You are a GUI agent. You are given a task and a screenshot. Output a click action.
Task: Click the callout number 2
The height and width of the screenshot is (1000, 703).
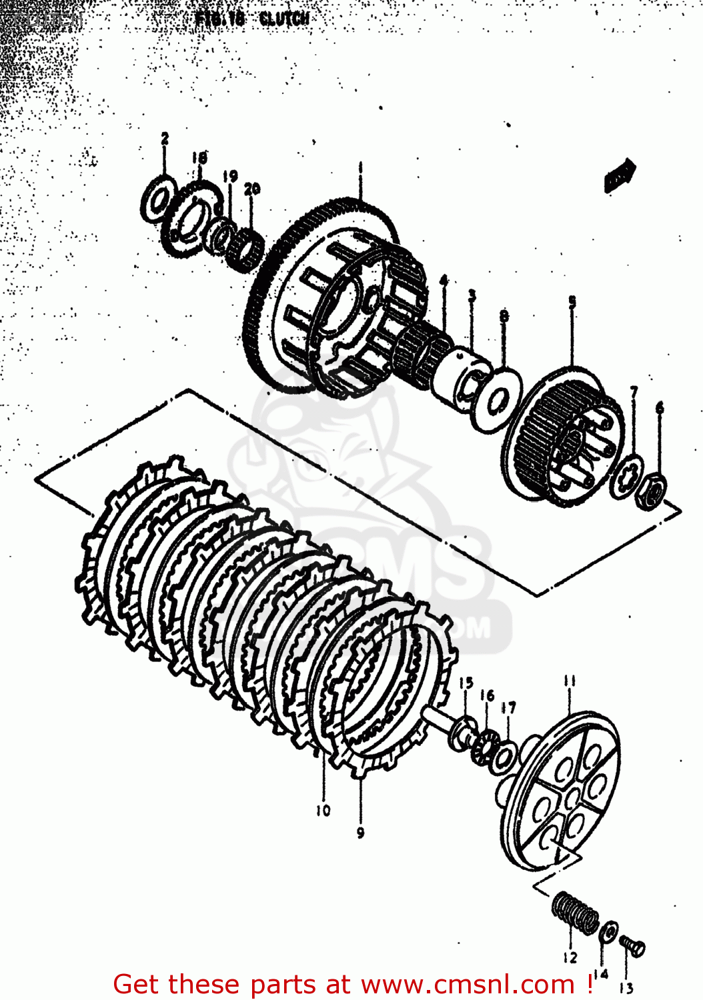coord(165,138)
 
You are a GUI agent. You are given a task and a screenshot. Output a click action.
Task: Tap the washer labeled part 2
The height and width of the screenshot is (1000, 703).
coord(158,199)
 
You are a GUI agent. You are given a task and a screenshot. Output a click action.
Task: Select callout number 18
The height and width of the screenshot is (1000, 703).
coord(199,157)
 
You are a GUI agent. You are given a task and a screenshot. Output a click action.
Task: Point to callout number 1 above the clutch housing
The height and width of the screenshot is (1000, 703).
coord(360,166)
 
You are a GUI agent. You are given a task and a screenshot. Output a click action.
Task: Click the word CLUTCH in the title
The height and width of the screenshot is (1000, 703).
coord(284,19)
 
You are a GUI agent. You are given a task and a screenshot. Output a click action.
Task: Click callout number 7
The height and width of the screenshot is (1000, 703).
coord(634,392)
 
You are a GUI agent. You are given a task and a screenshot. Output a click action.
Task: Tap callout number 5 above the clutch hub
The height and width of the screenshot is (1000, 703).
coord(572,303)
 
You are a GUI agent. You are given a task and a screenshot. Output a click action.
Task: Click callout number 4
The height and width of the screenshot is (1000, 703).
coord(444,281)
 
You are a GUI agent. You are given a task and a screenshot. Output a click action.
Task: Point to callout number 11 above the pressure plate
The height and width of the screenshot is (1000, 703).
coord(569,681)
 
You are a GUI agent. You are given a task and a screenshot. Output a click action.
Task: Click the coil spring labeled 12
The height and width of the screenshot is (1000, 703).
coord(575,913)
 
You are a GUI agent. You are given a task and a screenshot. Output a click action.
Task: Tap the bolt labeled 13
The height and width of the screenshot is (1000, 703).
coord(632,945)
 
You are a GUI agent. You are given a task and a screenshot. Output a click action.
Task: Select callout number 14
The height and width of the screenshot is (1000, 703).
coord(600,975)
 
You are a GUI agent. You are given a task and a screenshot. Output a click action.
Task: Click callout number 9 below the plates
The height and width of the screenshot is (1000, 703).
coord(360,833)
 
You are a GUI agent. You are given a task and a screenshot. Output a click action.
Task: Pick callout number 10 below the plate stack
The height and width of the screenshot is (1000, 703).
coord(323,811)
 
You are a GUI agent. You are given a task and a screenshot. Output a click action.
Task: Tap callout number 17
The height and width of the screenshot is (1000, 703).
coord(509,707)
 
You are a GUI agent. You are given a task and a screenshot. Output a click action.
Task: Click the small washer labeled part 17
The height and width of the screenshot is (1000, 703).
coord(502,758)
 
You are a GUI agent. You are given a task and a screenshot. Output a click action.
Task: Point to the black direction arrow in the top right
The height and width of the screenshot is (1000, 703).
coord(620,175)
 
